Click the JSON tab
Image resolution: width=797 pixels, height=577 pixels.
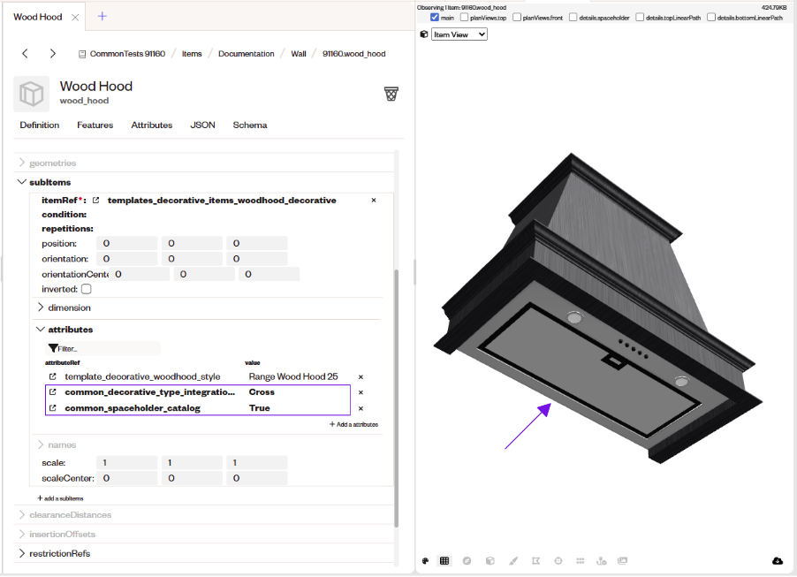[x=202, y=125]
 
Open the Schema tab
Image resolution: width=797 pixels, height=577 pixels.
[x=249, y=125]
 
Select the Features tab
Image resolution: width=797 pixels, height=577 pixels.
[x=95, y=125]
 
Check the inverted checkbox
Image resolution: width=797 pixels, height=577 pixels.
[x=87, y=289]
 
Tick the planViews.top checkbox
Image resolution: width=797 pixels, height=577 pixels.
[x=464, y=18]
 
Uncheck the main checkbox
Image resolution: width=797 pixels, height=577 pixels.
[x=435, y=18]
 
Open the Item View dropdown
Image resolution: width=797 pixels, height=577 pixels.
[x=459, y=34]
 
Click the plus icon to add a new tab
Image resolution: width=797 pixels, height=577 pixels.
[x=102, y=16]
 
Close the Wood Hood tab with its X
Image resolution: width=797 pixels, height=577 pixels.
[x=75, y=18]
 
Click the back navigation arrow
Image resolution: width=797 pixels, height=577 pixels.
[x=25, y=53]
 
